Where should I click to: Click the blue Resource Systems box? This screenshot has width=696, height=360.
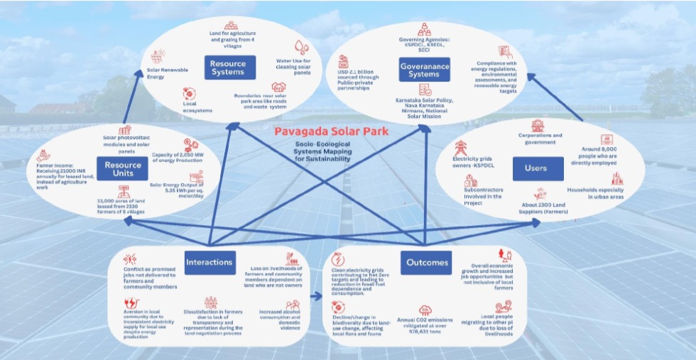[227, 67]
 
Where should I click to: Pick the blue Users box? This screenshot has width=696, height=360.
[537, 168]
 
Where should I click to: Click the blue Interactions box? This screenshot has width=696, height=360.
[209, 262]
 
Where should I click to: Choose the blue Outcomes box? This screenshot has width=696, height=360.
[427, 262]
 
